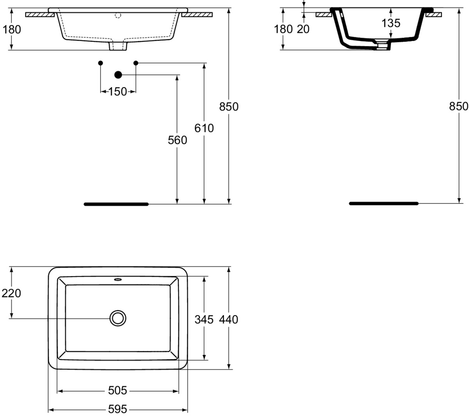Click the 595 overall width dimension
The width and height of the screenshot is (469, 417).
click(x=117, y=409)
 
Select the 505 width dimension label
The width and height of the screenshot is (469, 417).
click(x=117, y=390)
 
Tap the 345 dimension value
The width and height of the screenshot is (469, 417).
click(x=204, y=320)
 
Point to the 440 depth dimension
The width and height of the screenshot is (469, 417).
click(x=229, y=320)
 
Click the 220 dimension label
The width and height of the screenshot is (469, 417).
click(x=11, y=294)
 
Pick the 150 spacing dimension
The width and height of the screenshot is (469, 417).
click(x=117, y=92)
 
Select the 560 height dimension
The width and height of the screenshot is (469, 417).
click(x=177, y=140)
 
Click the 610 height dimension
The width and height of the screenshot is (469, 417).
click(x=204, y=128)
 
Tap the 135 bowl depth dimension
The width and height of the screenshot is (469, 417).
click(x=391, y=23)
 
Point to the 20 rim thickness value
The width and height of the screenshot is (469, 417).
click(x=303, y=29)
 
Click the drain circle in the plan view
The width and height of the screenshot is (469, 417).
click(x=118, y=318)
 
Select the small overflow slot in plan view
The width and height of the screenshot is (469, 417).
click(x=118, y=280)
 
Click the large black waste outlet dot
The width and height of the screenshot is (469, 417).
click(x=118, y=75)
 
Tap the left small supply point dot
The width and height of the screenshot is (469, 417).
click(x=100, y=63)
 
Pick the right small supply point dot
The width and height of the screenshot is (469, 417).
click(x=136, y=63)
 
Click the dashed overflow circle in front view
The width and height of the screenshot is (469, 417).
click(x=118, y=16)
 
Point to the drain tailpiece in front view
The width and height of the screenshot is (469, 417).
click(x=118, y=46)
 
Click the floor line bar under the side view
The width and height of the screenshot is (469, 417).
click(x=383, y=203)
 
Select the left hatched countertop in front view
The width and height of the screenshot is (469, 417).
click(x=40, y=15)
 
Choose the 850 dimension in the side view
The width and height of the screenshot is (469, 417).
click(x=458, y=106)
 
